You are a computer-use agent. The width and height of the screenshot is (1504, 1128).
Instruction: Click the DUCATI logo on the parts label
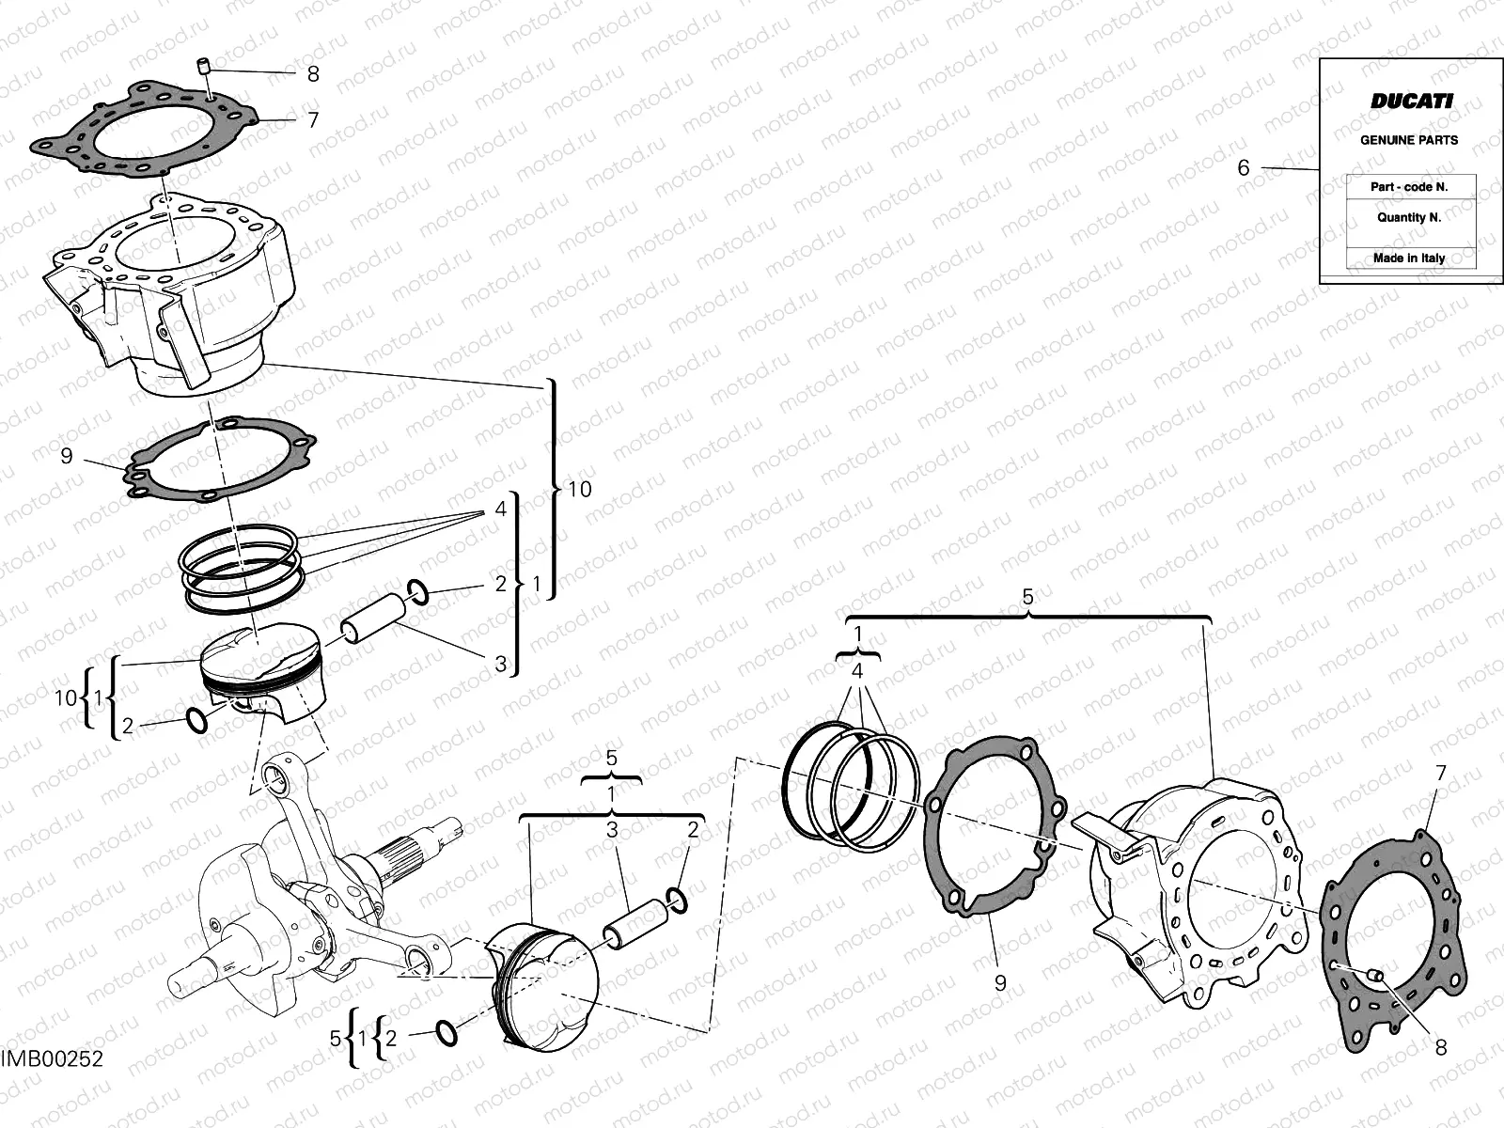[1410, 102]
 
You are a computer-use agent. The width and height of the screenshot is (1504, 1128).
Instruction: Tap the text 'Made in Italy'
[1409, 258]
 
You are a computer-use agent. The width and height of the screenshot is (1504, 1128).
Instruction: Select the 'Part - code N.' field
[1409, 187]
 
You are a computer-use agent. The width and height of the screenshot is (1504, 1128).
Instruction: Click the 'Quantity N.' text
[1409, 217]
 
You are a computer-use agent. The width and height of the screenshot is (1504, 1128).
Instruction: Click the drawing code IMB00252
[52, 1059]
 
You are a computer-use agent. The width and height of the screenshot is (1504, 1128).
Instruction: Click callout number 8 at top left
[313, 73]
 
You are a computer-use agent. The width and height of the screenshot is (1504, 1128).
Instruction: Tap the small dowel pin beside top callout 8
[201, 67]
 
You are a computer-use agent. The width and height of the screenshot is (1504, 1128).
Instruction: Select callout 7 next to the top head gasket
[313, 119]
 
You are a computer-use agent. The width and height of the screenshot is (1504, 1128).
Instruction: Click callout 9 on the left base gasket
[66, 456]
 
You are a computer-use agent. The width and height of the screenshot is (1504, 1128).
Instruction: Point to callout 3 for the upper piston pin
[501, 664]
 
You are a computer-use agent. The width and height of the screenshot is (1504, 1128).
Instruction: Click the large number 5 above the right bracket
[1027, 597]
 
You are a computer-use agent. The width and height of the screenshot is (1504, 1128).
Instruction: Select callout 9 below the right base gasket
[1000, 983]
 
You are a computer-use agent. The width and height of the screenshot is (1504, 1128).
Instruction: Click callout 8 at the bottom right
[1441, 1046]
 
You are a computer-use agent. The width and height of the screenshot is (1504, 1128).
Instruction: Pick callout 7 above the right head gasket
[1441, 775]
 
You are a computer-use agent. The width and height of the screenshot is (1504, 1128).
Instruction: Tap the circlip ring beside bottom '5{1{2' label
[448, 1033]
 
